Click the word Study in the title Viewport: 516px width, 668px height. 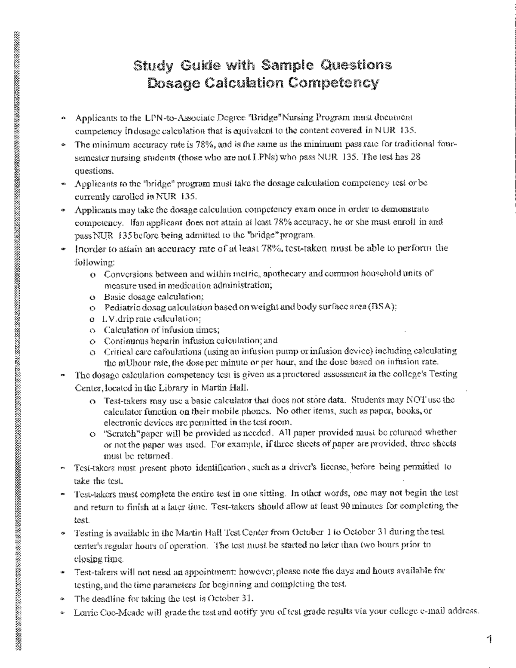click(153, 66)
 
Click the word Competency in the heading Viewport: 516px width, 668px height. click(333, 83)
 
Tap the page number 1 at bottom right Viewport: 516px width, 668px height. click(489, 640)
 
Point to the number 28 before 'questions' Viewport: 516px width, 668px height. click(415, 157)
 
